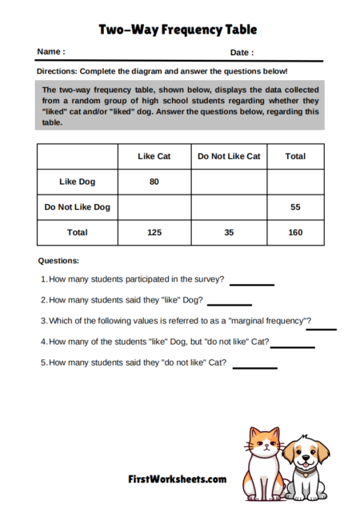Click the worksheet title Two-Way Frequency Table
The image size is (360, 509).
pyautogui.click(x=178, y=30)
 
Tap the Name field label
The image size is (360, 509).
pyautogui.click(x=51, y=52)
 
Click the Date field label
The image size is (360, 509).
pyautogui.click(x=242, y=53)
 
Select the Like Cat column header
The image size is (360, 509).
pyautogui.click(x=154, y=156)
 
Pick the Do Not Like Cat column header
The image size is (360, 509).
pyautogui.click(x=229, y=156)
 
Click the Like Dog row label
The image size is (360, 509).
pyautogui.click(x=77, y=182)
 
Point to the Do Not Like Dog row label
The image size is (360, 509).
pyautogui.click(x=77, y=207)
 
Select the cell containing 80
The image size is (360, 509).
pyautogui.click(x=154, y=182)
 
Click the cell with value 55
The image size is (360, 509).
pyautogui.click(x=295, y=207)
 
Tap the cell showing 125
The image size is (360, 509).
pyautogui.click(x=154, y=232)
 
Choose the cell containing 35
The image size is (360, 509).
pyautogui.click(x=229, y=232)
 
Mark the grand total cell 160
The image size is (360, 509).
pyautogui.click(x=295, y=232)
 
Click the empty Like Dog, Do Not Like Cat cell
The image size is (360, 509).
pyautogui.click(x=229, y=182)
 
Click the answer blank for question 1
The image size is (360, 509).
pyautogui.click(x=252, y=283)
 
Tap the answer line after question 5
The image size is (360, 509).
pyautogui.click(x=254, y=367)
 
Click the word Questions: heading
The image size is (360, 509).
pyautogui.click(x=58, y=261)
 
